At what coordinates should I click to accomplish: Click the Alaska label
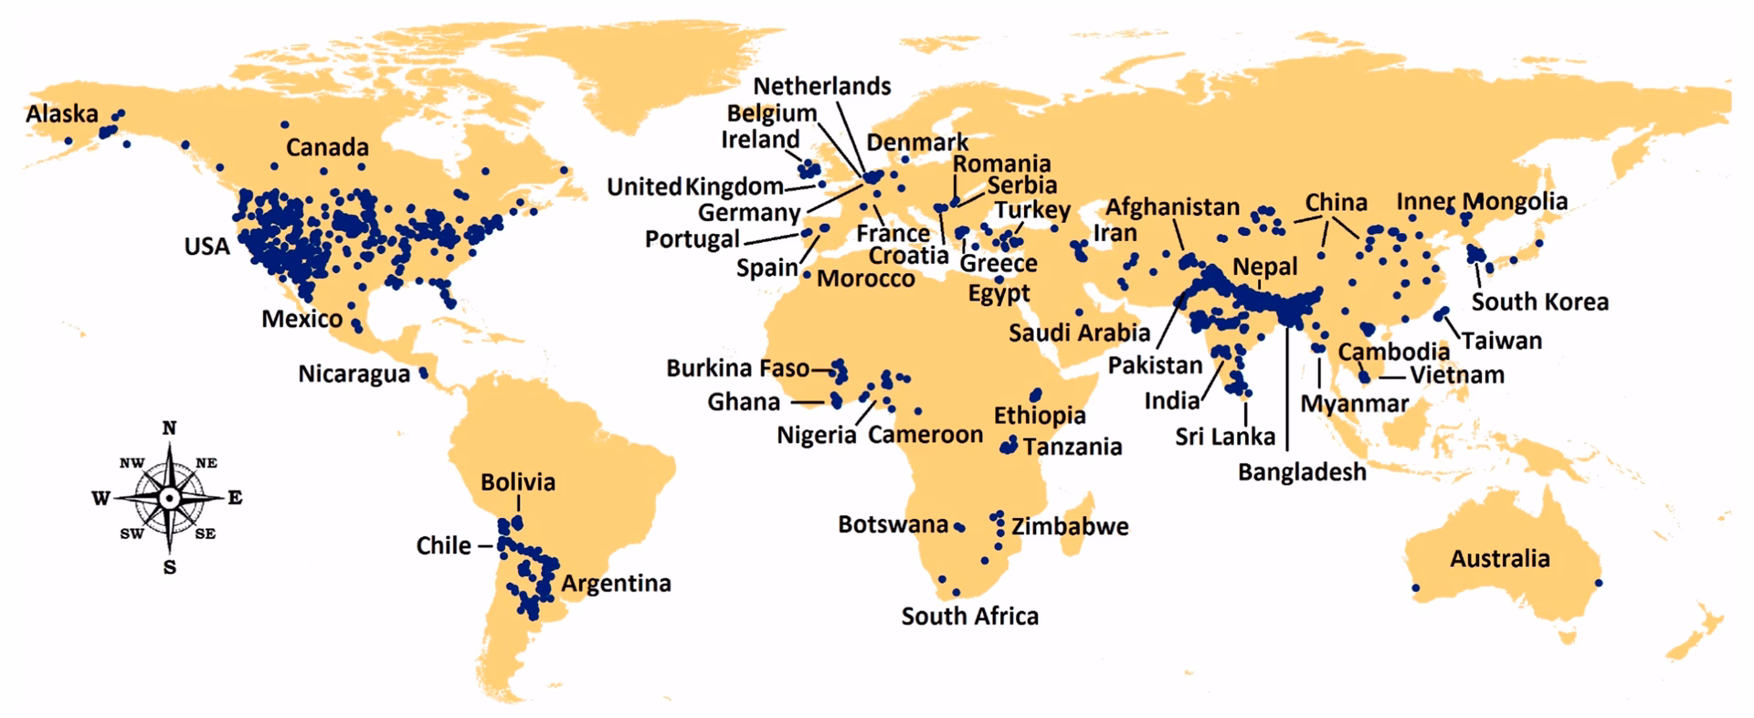(62, 114)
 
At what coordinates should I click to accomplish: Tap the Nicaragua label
(354, 375)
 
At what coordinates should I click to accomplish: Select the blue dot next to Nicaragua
(424, 373)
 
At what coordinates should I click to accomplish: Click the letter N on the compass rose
(169, 428)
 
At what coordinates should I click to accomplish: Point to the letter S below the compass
(169, 567)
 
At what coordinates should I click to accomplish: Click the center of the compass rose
(169, 498)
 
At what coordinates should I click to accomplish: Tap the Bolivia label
(518, 482)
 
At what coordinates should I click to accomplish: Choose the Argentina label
(616, 583)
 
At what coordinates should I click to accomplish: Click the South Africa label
(969, 617)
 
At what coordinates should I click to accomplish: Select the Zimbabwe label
(1070, 527)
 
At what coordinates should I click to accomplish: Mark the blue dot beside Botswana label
(959, 527)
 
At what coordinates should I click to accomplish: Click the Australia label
(1499, 558)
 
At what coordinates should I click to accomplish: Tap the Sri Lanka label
(1225, 437)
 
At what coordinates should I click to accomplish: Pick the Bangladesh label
(1302, 472)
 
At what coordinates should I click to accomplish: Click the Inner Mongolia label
(1482, 202)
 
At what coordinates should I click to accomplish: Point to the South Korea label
(1539, 302)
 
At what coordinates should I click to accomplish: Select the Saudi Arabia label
(1079, 333)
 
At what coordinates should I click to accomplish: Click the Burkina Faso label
(737, 368)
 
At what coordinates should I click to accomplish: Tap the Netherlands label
(821, 87)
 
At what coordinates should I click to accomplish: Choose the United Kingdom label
(695, 187)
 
